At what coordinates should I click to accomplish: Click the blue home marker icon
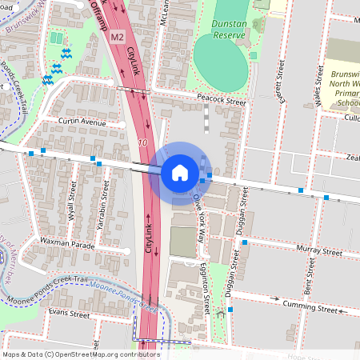(x=180, y=172)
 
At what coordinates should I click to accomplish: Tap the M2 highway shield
(x=118, y=38)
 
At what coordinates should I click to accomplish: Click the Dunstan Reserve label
(x=228, y=30)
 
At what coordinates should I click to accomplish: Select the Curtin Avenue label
(x=82, y=122)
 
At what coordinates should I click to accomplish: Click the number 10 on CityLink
(x=142, y=142)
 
